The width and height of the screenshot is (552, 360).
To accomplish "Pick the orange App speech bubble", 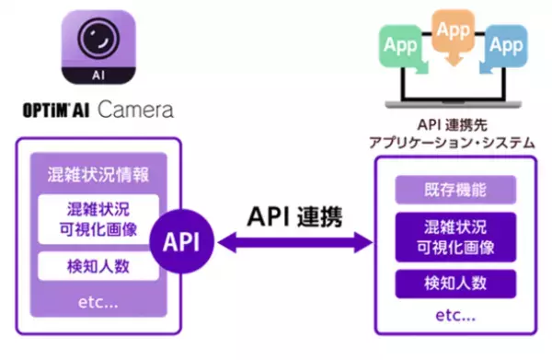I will point(453,32).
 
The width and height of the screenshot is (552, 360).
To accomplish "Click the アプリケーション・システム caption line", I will point(452,144).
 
